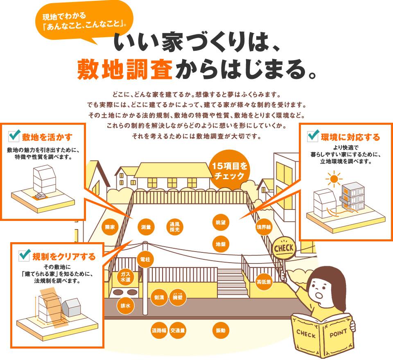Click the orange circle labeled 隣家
click(109, 227)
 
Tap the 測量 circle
click(146, 227)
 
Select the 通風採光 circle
click(175, 227)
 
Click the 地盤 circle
click(221, 244)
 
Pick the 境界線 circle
click(264, 227)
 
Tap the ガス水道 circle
click(125, 277)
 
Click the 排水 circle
click(125, 306)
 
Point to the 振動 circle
click(220, 330)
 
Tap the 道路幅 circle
click(158, 330)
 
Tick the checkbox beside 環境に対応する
click(314, 135)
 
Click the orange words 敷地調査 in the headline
click(124, 70)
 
